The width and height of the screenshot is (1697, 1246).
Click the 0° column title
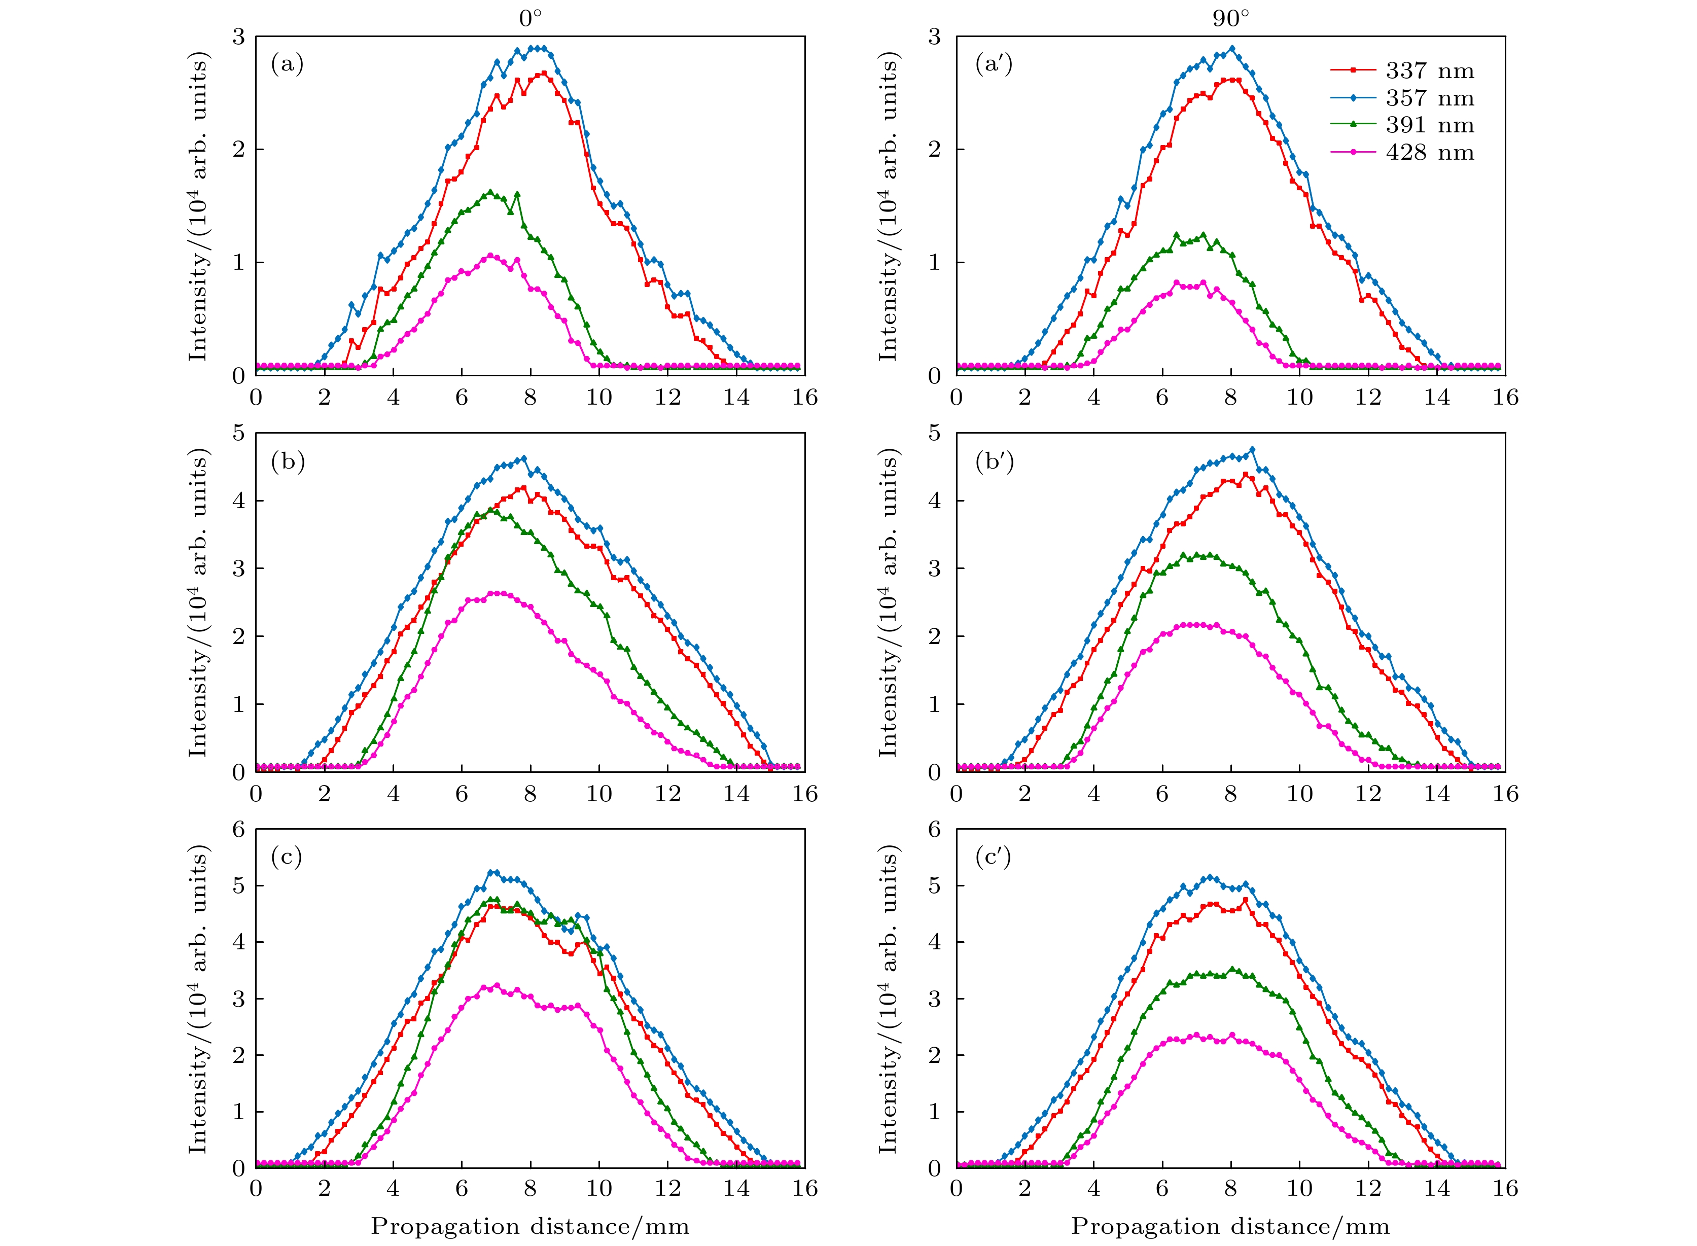pos(530,18)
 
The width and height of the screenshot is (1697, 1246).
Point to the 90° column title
pos(1231,18)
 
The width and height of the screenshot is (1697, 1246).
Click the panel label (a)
pos(287,65)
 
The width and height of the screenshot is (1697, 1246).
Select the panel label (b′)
pos(994,461)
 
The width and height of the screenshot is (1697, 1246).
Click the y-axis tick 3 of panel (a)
pos(239,37)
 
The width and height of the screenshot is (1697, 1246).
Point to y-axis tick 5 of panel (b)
pos(239,433)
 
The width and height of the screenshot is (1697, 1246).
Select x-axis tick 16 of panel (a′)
pos(1505,398)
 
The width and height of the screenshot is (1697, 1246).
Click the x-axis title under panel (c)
pos(529,1227)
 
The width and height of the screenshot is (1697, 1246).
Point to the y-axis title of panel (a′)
pos(890,206)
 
